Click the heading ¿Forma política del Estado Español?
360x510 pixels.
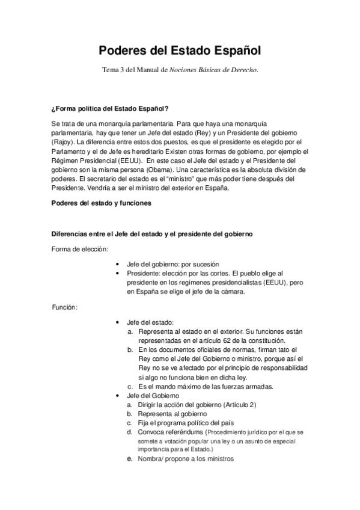[x=110, y=109]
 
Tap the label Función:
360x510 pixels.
[x=64, y=307]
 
